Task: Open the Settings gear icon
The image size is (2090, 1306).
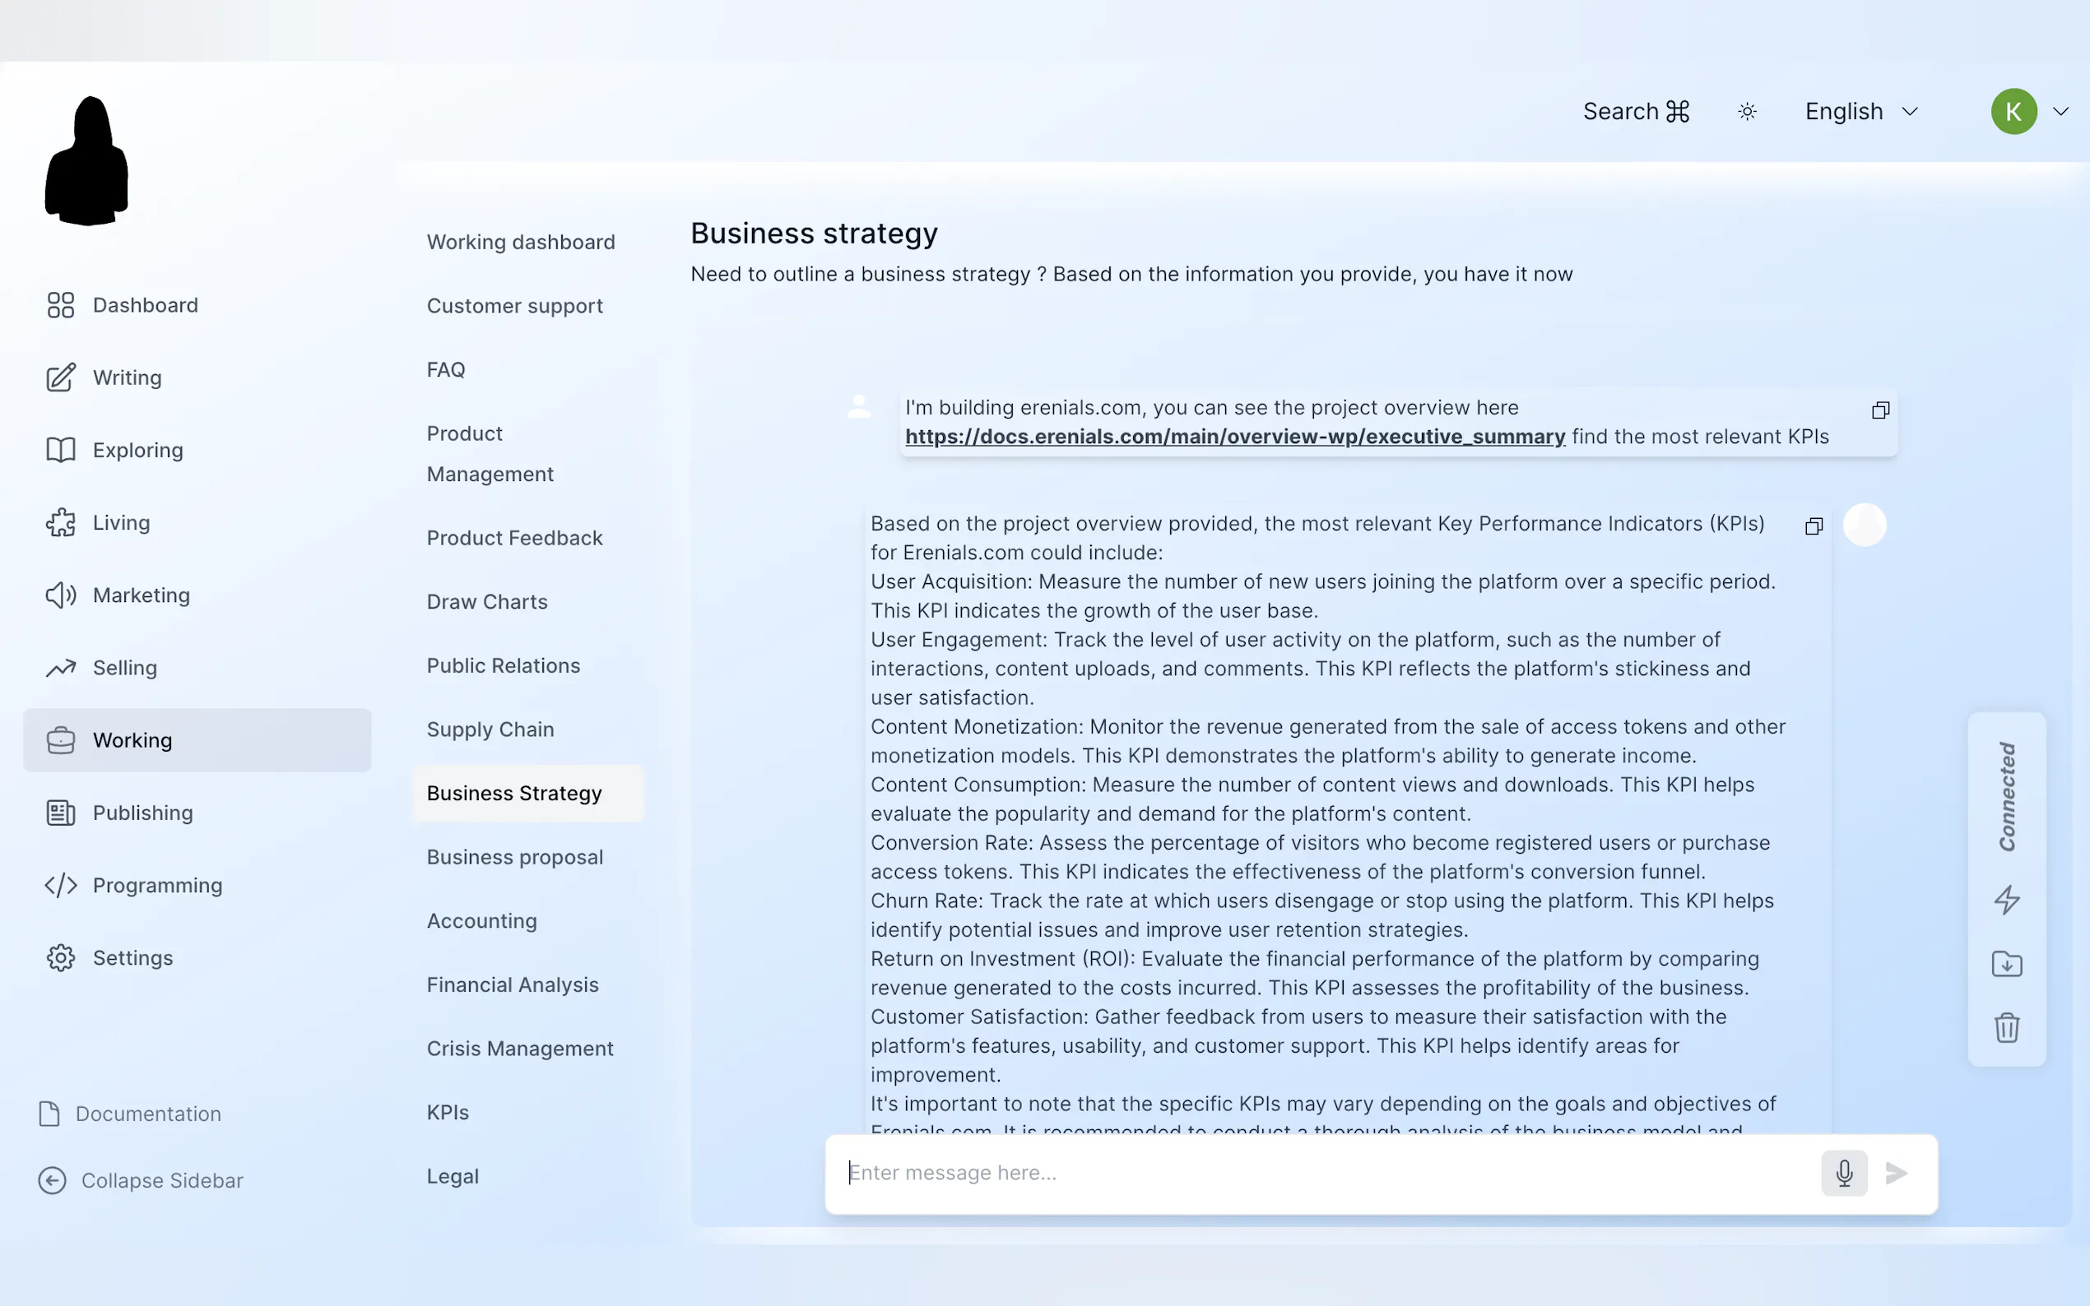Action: (61, 958)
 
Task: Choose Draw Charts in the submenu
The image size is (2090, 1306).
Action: (486, 601)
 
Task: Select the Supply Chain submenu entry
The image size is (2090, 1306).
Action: (490, 729)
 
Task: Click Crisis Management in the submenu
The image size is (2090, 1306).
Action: (519, 1048)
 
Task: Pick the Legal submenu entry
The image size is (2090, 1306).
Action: (452, 1175)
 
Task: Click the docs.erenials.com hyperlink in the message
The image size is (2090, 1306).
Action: (1234, 436)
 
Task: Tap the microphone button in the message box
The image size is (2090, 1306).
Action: (1844, 1172)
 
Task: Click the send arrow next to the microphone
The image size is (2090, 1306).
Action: (1897, 1172)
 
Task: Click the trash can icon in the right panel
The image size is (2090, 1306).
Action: (2006, 1027)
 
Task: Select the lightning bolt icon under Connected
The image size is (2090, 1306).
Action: (2006, 899)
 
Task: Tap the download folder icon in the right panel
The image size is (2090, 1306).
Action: (2006, 963)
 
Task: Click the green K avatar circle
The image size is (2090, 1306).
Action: (2013, 111)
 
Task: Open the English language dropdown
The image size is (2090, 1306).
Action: (1860, 111)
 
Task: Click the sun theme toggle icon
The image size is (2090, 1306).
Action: (1747, 111)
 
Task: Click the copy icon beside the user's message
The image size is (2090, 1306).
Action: (1880, 410)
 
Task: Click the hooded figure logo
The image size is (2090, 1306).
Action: (86, 161)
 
